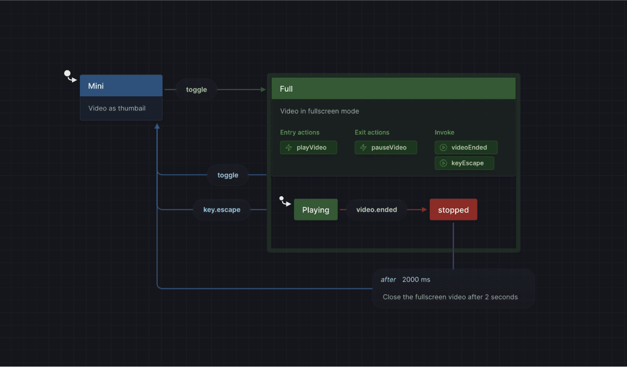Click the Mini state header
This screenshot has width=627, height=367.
(x=121, y=86)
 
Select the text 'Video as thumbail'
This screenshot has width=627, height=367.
(x=117, y=108)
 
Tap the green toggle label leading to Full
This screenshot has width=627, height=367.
(x=196, y=90)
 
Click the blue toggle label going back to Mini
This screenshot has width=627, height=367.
(x=228, y=175)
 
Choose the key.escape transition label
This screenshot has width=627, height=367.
(x=222, y=210)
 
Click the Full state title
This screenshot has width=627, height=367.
(x=286, y=89)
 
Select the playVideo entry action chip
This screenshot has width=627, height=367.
(x=308, y=148)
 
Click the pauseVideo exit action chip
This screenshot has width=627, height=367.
(x=386, y=148)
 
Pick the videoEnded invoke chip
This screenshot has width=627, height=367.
(x=466, y=148)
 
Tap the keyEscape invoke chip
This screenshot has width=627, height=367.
(x=464, y=163)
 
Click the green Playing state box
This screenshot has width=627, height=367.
(x=316, y=210)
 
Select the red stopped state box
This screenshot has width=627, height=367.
(x=453, y=210)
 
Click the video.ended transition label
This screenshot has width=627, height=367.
(x=376, y=210)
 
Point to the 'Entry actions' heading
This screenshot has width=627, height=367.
(x=299, y=132)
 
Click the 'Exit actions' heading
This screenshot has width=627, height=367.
(x=371, y=132)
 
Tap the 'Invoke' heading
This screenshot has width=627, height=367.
(x=444, y=132)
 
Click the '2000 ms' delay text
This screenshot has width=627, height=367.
(x=416, y=280)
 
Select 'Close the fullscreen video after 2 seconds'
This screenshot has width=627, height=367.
(x=450, y=297)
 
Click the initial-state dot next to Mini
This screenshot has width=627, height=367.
(x=67, y=74)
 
